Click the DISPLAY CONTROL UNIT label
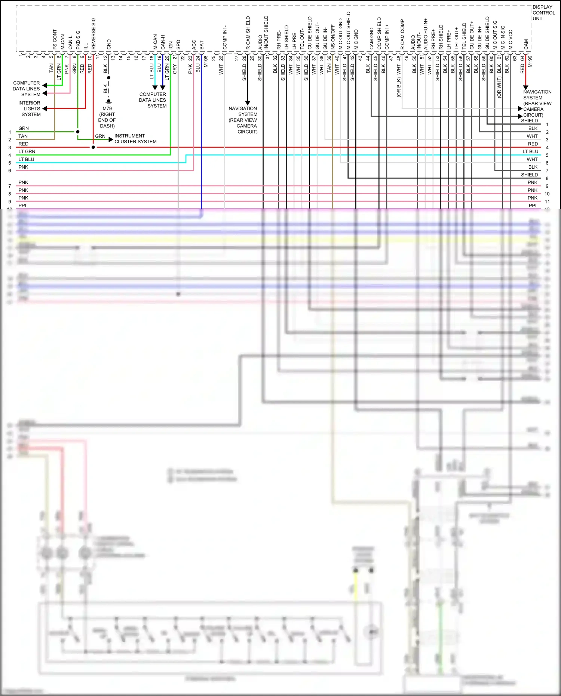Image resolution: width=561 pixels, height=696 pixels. tap(543, 13)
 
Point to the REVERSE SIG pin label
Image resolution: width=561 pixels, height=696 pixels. tap(93, 34)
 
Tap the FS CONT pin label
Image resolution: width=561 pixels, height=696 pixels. tap(55, 39)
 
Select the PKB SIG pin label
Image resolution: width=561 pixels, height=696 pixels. tap(78, 40)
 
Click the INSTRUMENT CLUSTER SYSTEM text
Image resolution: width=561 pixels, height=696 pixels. tap(135, 139)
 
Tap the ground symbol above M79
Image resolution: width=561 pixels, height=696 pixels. tap(108, 101)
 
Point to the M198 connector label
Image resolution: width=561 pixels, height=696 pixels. tap(206, 61)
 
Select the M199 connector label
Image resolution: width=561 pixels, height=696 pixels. tap(530, 61)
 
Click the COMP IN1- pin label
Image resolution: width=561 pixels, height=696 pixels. tap(225, 37)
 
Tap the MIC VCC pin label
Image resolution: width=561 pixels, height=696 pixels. tap(511, 40)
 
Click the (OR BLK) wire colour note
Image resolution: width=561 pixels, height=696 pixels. tap(399, 88)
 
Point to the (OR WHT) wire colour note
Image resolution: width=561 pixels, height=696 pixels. tap(499, 88)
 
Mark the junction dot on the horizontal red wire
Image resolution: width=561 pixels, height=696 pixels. tap(93, 147)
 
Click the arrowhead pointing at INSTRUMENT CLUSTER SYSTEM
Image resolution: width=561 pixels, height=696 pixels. tap(111, 139)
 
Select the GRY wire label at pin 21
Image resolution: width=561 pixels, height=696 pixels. tap(175, 69)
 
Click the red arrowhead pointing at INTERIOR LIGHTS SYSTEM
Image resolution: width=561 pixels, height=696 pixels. tap(45, 109)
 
